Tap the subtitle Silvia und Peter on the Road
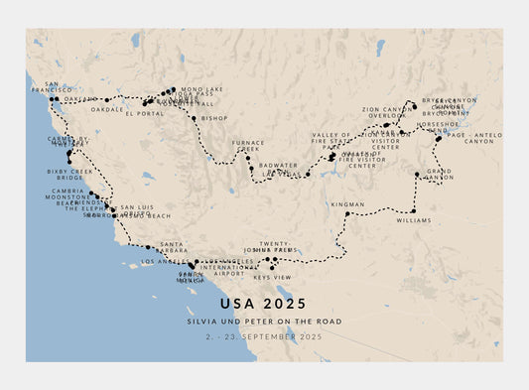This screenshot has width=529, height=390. (x=264, y=322)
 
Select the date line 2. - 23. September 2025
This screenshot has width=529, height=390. (x=264, y=337)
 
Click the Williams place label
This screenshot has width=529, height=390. (x=413, y=220)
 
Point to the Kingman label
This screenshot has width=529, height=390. (x=347, y=203)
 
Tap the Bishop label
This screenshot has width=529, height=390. (x=213, y=118)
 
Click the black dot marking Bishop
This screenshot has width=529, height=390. (x=194, y=118)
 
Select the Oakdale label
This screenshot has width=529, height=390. (x=107, y=110)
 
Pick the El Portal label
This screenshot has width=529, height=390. (x=144, y=113)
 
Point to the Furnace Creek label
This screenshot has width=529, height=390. (x=248, y=145)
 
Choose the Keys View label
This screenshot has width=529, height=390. (x=274, y=277)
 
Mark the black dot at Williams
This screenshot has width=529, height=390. (x=413, y=210)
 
